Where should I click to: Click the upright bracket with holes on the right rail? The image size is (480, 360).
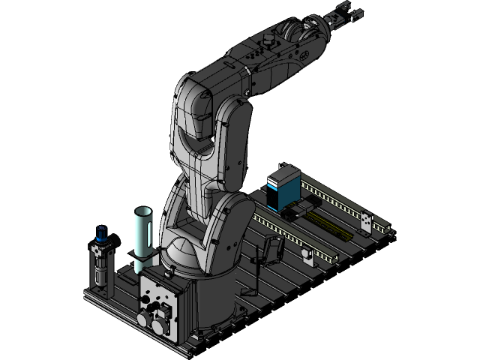(367, 223)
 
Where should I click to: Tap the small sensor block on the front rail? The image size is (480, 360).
(307, 255)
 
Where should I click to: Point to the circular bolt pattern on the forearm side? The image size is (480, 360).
(304, 54)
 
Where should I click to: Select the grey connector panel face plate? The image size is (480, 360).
(157, 300)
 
